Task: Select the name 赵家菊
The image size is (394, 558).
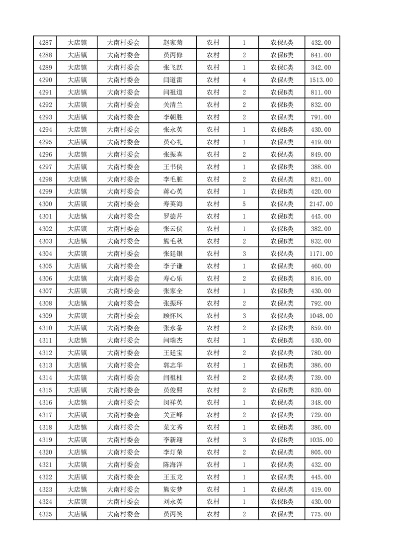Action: click(173, 43)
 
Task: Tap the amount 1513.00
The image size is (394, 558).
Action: click(320, 80)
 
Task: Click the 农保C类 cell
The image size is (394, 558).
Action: click(282, 68)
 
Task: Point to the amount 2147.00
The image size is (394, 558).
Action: click(320, 204)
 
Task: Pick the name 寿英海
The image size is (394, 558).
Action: click(173, 204)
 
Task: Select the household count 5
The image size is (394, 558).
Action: click(244, 204)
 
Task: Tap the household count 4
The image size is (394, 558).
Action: click(244, 80)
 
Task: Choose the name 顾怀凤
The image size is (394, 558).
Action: click(173, 316)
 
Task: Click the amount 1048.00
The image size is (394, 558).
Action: click(320, 316)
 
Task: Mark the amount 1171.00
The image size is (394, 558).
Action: click(320, 254)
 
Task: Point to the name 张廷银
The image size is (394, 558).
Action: click(173, 254)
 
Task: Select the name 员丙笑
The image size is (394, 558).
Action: click(173, 514)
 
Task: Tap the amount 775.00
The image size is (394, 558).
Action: click(320, 514)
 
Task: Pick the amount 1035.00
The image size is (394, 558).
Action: click(320, 440)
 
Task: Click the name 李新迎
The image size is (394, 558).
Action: click(173, 440)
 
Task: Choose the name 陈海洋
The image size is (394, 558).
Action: click(173, 465)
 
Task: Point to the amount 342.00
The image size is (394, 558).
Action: click(320, 68)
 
